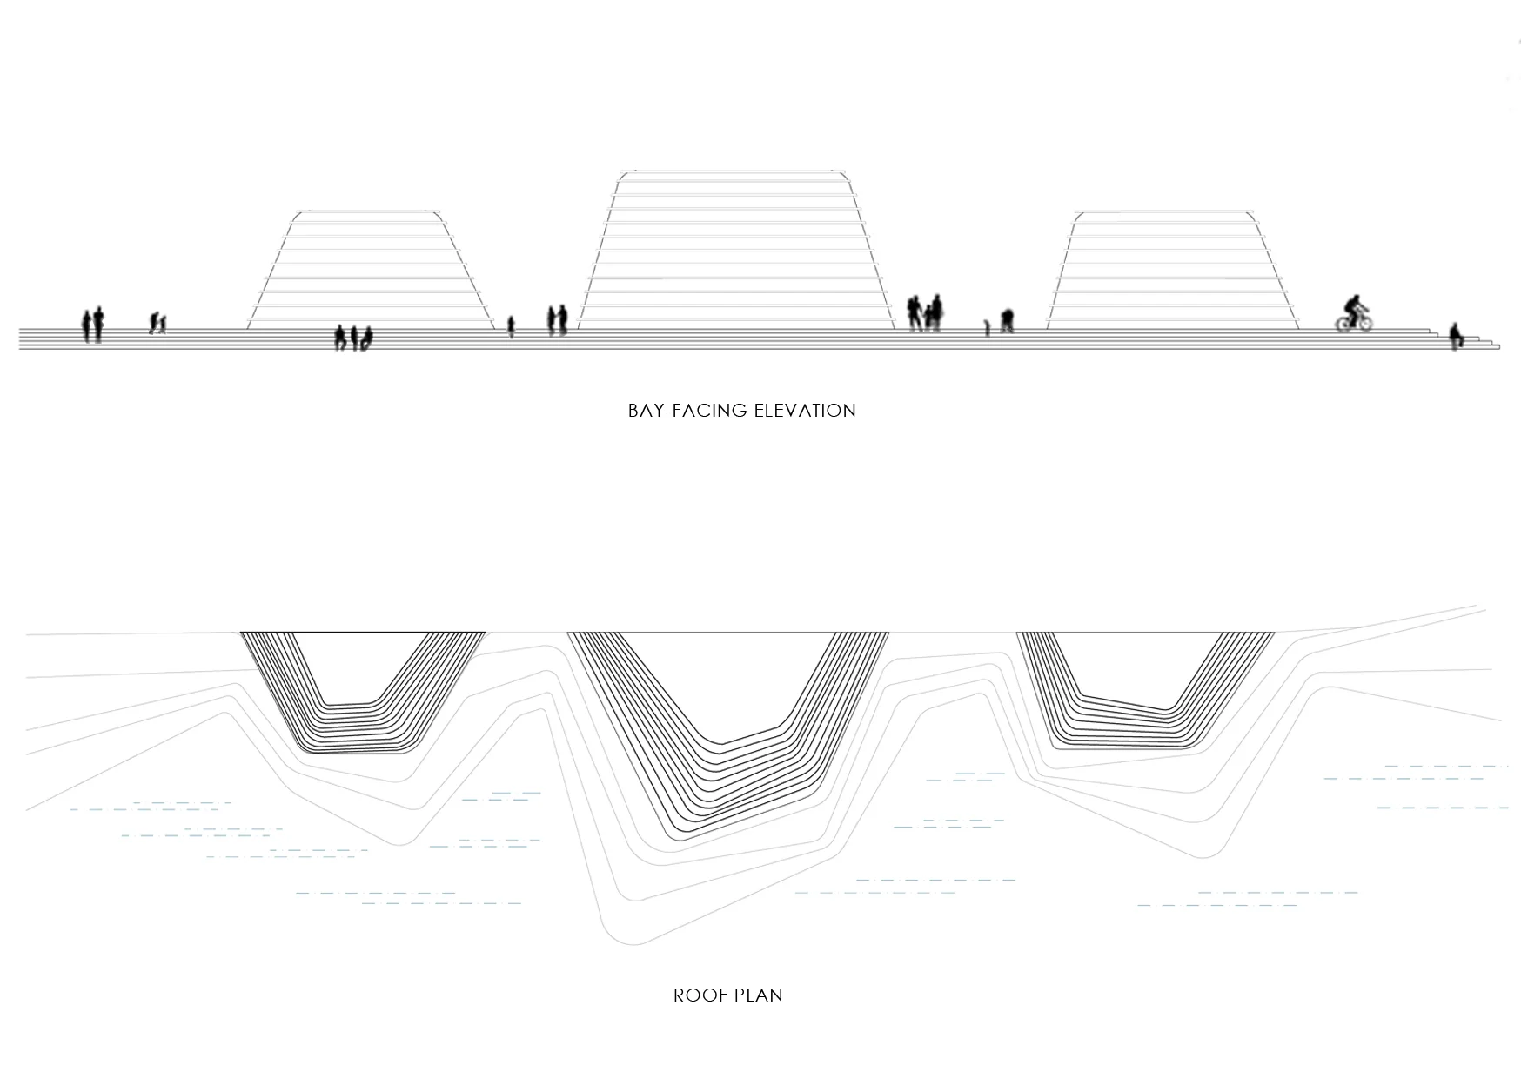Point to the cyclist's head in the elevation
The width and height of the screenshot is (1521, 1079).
(1353, 300)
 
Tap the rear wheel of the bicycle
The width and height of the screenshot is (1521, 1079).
(1344, 323)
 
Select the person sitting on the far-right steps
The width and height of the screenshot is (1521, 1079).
(1454, 337)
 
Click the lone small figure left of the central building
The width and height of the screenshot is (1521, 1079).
(511, 326)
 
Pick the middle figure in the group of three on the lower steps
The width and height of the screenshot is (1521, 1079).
(354, 338)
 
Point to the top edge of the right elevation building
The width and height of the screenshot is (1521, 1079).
(1164, 212)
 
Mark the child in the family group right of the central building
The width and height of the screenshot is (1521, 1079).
(928, 318)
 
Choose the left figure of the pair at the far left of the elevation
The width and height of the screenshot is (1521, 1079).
(87, 326)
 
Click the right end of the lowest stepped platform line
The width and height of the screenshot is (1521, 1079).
(1498, 348)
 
